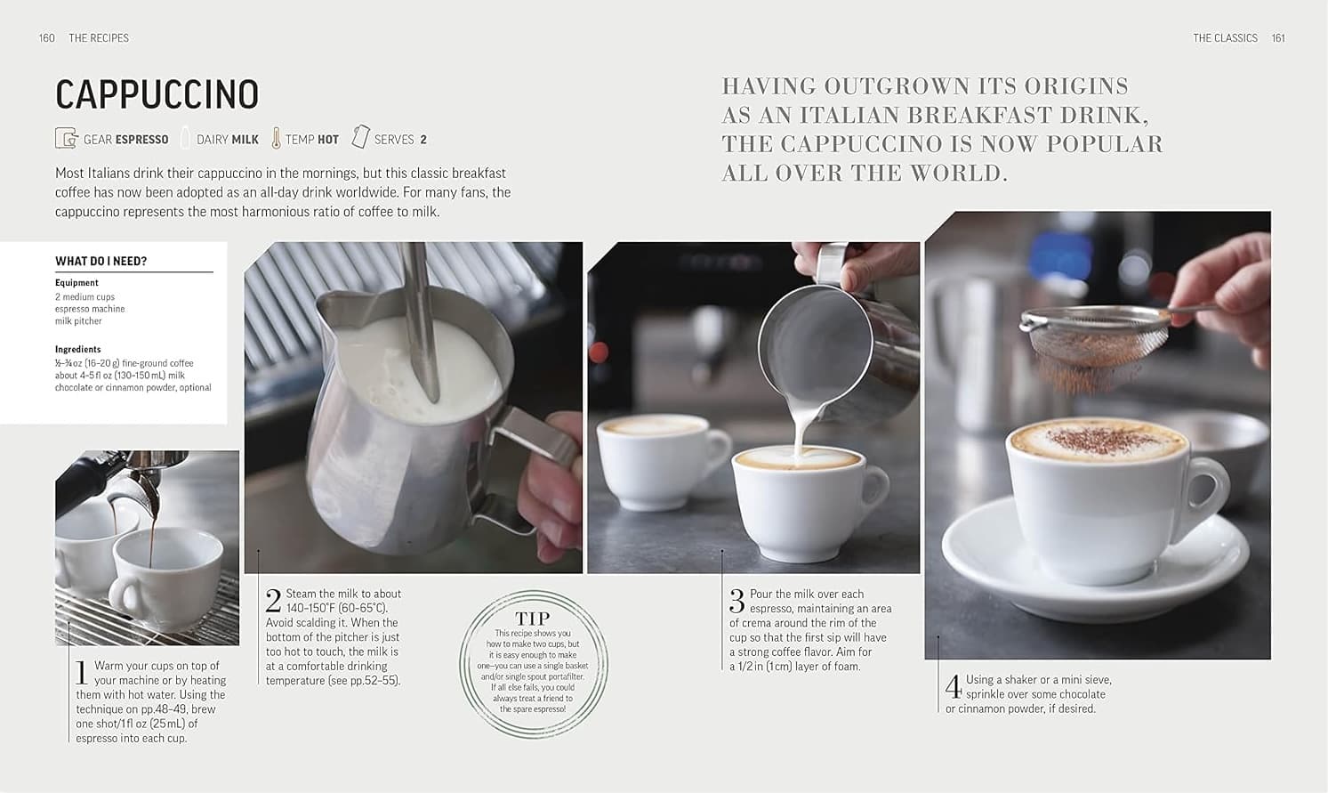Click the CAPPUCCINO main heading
(x=157, y=94)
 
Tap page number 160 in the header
(x=47, y=38)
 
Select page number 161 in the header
(x=1277, y=38)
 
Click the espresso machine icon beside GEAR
(x=66, y=139)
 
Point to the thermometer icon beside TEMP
(x=276, y=139)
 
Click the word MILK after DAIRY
(x=245, y=140)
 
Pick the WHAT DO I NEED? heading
(x=101, y=261)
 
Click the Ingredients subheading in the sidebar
(x=77, y=349)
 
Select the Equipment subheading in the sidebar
(x=76, y=283)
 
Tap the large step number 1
(x=82, y=672)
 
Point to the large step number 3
(x=736, y=601)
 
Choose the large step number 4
(x=953, y=686)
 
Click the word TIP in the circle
(x=533, y=619)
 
